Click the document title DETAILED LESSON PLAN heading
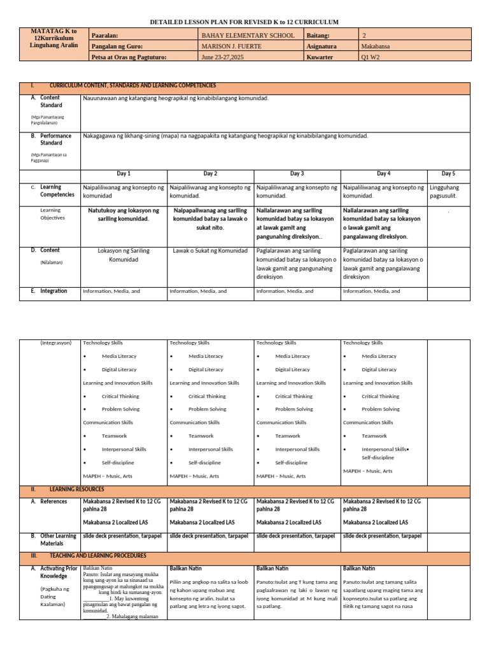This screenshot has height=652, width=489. coord(244,22)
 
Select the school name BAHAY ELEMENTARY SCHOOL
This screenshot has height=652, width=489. coord(248,36)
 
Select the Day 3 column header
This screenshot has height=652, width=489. coord(297,173)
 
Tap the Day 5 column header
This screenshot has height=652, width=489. coord(448,173)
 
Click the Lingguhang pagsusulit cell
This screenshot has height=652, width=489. coord(448,192)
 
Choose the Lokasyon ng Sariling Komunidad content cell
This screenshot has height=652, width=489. coord(123,255)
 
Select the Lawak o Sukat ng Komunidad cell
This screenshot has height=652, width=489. coord(209,251)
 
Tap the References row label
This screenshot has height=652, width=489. coord(53,502)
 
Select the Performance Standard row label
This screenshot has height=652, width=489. coord(56,139)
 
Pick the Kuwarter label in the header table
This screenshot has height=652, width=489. coord(320,57)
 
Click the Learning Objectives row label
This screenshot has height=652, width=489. coord(53,214)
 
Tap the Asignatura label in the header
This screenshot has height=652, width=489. coord(323,46)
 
